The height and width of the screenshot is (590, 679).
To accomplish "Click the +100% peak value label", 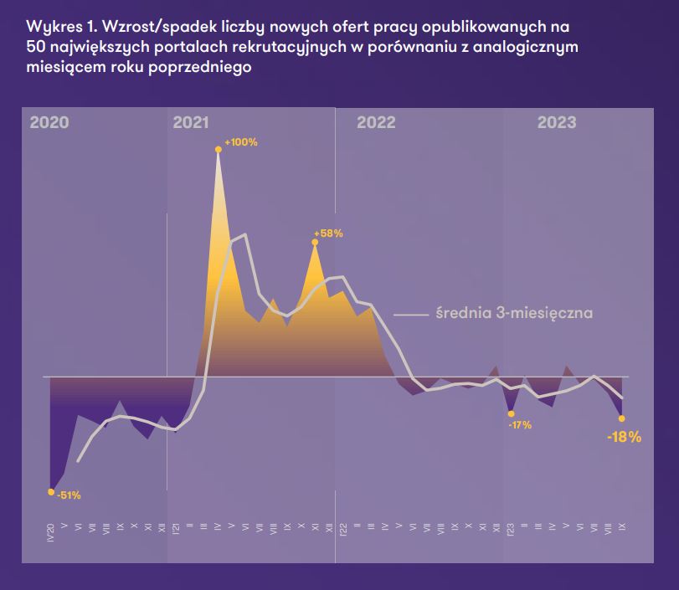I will [x=241, y=142].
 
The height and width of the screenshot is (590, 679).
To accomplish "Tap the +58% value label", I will [x=328, y=234].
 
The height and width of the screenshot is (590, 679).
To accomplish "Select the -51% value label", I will [x=69, y=495].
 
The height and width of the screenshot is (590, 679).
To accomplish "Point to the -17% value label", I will [x=520, y=425].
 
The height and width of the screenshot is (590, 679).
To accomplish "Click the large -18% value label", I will [x=624, y=437].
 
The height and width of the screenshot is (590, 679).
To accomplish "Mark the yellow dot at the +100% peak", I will [x=219, y=150].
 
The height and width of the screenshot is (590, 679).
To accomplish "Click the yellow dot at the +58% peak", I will [x=315, y=243].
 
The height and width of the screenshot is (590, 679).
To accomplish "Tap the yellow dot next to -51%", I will [x=51, y=491].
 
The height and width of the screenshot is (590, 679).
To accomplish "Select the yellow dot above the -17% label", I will [x=511, y=413].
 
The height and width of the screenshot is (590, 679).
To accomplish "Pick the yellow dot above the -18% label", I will [x=621, y=418].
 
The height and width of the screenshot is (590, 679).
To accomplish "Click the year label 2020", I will [x=49, y=123].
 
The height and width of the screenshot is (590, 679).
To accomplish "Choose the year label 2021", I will [x=191, y=123].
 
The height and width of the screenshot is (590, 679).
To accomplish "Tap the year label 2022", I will [x=376, y=123].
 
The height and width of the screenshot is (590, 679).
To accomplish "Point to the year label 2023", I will [x=557, y=123].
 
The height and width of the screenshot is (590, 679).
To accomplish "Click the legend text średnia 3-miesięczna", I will [x=514, y=314].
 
